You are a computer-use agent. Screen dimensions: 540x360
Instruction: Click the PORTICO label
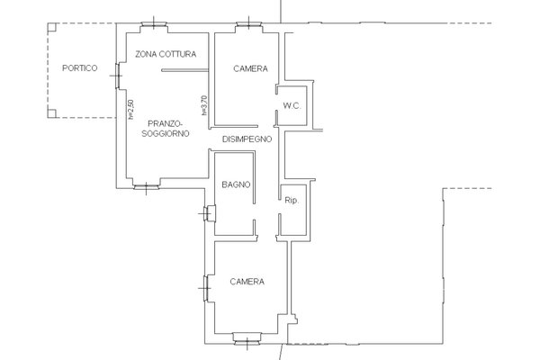pyautogui.click(x=79, y=68)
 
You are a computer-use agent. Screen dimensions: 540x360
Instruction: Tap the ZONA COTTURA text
pyautogui.click(x=166, y=54)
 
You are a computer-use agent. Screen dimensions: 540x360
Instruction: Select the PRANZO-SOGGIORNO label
pyautogui.click(x=166, y=129)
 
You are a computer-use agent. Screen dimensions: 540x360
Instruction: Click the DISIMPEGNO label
pyautogui.click(x=247, y=139)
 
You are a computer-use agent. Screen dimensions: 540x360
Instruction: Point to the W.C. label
pyautogui.click(x=292, y=106)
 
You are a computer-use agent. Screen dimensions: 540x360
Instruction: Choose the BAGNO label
pyautogui.click(x=236, y=184)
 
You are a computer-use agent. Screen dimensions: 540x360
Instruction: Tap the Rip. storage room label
pyautogui.click(x=292, y=200)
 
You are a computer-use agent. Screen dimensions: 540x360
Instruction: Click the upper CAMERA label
pyautogui.click(x=250, y=68)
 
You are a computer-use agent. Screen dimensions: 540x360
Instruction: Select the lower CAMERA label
pyautogui.click(x=247, y=282)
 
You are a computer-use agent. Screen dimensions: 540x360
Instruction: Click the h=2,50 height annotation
pyautogui.click(x=130, y=110)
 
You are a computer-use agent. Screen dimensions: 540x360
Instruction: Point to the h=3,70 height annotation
pyautogui.click(x=204, y=105)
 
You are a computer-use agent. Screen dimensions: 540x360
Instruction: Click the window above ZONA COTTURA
pyautogui.click(x=154, y=25)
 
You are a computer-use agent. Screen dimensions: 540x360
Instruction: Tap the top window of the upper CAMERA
pyautogui.click(x=249, y=25)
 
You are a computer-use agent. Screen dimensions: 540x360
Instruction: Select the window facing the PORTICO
pyautogui.click(x=117, y=76)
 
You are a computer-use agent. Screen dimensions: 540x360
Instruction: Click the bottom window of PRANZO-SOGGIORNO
pyautogui.click(x=147, y=187)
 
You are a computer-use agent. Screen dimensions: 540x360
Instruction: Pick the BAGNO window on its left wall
pyautogui.click(x=210, y=213)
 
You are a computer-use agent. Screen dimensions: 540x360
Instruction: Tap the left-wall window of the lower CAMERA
pyautogui.click(x=206, y=288)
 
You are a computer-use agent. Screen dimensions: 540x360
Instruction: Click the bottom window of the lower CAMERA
pyautogui.click(x=247, y=338)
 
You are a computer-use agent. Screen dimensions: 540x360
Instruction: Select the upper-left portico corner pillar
pyautogui.click(x=52, y=27)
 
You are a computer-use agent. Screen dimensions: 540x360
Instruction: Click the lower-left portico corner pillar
pyautogui.click(x=52, y=113)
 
